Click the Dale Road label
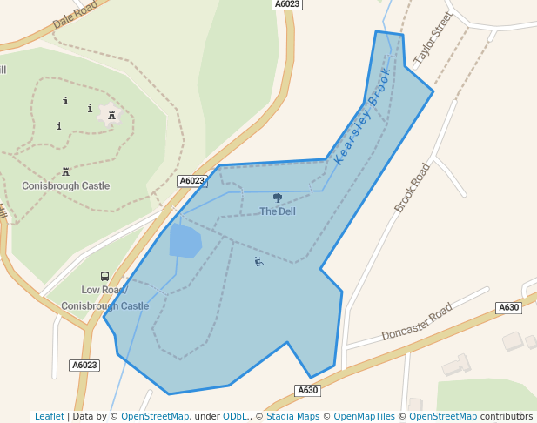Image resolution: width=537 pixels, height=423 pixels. [74, 15]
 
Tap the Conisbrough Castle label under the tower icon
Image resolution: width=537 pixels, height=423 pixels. [65, 185]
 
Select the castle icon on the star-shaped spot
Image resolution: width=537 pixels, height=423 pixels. [111, 115]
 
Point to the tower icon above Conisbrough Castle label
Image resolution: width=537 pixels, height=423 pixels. [65, 171]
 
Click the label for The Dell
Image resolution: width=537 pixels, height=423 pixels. [278, 211]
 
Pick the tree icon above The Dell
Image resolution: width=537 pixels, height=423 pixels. [278, 198]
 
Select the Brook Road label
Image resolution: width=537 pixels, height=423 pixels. [413, 187]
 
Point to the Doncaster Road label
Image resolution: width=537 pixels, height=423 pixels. [418, 322]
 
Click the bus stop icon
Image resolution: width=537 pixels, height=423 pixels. [105, 277]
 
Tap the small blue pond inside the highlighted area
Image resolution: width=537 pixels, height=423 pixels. [185, 241]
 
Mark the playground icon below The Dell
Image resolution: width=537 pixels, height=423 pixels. [258, 261]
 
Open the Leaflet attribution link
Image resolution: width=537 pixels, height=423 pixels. [49, 416]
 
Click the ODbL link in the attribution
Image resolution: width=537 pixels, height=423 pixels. [236, 416]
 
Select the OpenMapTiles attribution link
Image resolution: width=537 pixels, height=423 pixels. [364, 416]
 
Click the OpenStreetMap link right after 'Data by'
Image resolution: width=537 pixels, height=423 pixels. [155, 416]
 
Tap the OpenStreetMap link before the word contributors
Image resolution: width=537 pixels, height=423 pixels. [443, 416]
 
